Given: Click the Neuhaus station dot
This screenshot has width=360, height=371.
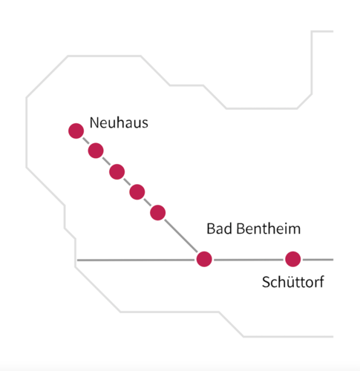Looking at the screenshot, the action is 76,131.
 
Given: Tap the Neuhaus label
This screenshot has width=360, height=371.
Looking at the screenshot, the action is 119,122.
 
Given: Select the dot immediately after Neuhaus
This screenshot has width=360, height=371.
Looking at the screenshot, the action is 96,151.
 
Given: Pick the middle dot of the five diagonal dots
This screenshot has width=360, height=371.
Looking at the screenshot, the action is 117,171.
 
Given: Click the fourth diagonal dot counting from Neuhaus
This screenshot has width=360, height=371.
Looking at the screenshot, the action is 137,192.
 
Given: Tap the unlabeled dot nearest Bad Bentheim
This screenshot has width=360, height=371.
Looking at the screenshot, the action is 158,213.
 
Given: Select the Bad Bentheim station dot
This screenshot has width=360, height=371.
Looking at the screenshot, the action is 204,259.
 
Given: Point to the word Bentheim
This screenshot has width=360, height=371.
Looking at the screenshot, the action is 269,229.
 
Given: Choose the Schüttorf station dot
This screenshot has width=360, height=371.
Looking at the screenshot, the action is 293,259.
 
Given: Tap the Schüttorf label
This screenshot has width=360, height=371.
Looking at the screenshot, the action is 293,282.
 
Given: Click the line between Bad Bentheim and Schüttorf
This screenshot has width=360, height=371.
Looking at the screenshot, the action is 249,260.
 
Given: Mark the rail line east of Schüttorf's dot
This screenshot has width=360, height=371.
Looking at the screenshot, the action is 318,260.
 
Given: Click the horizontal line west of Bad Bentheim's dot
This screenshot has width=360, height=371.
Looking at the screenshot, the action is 136,260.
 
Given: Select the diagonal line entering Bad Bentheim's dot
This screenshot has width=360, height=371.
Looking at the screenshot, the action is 181,236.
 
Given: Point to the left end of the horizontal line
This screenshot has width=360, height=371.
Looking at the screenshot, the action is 77,260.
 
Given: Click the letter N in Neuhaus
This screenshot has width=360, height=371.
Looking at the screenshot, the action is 94,123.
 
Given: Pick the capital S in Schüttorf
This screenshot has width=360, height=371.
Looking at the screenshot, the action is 266,282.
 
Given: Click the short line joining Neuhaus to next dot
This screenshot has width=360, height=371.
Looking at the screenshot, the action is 86,141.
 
